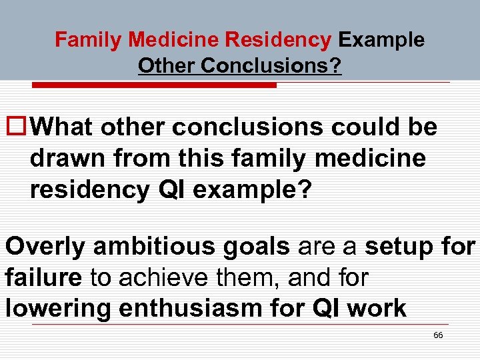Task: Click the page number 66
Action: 438,335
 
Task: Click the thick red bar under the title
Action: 155,85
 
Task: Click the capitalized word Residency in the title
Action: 278,40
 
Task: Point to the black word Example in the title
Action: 381,40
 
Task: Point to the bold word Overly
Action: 45,246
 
